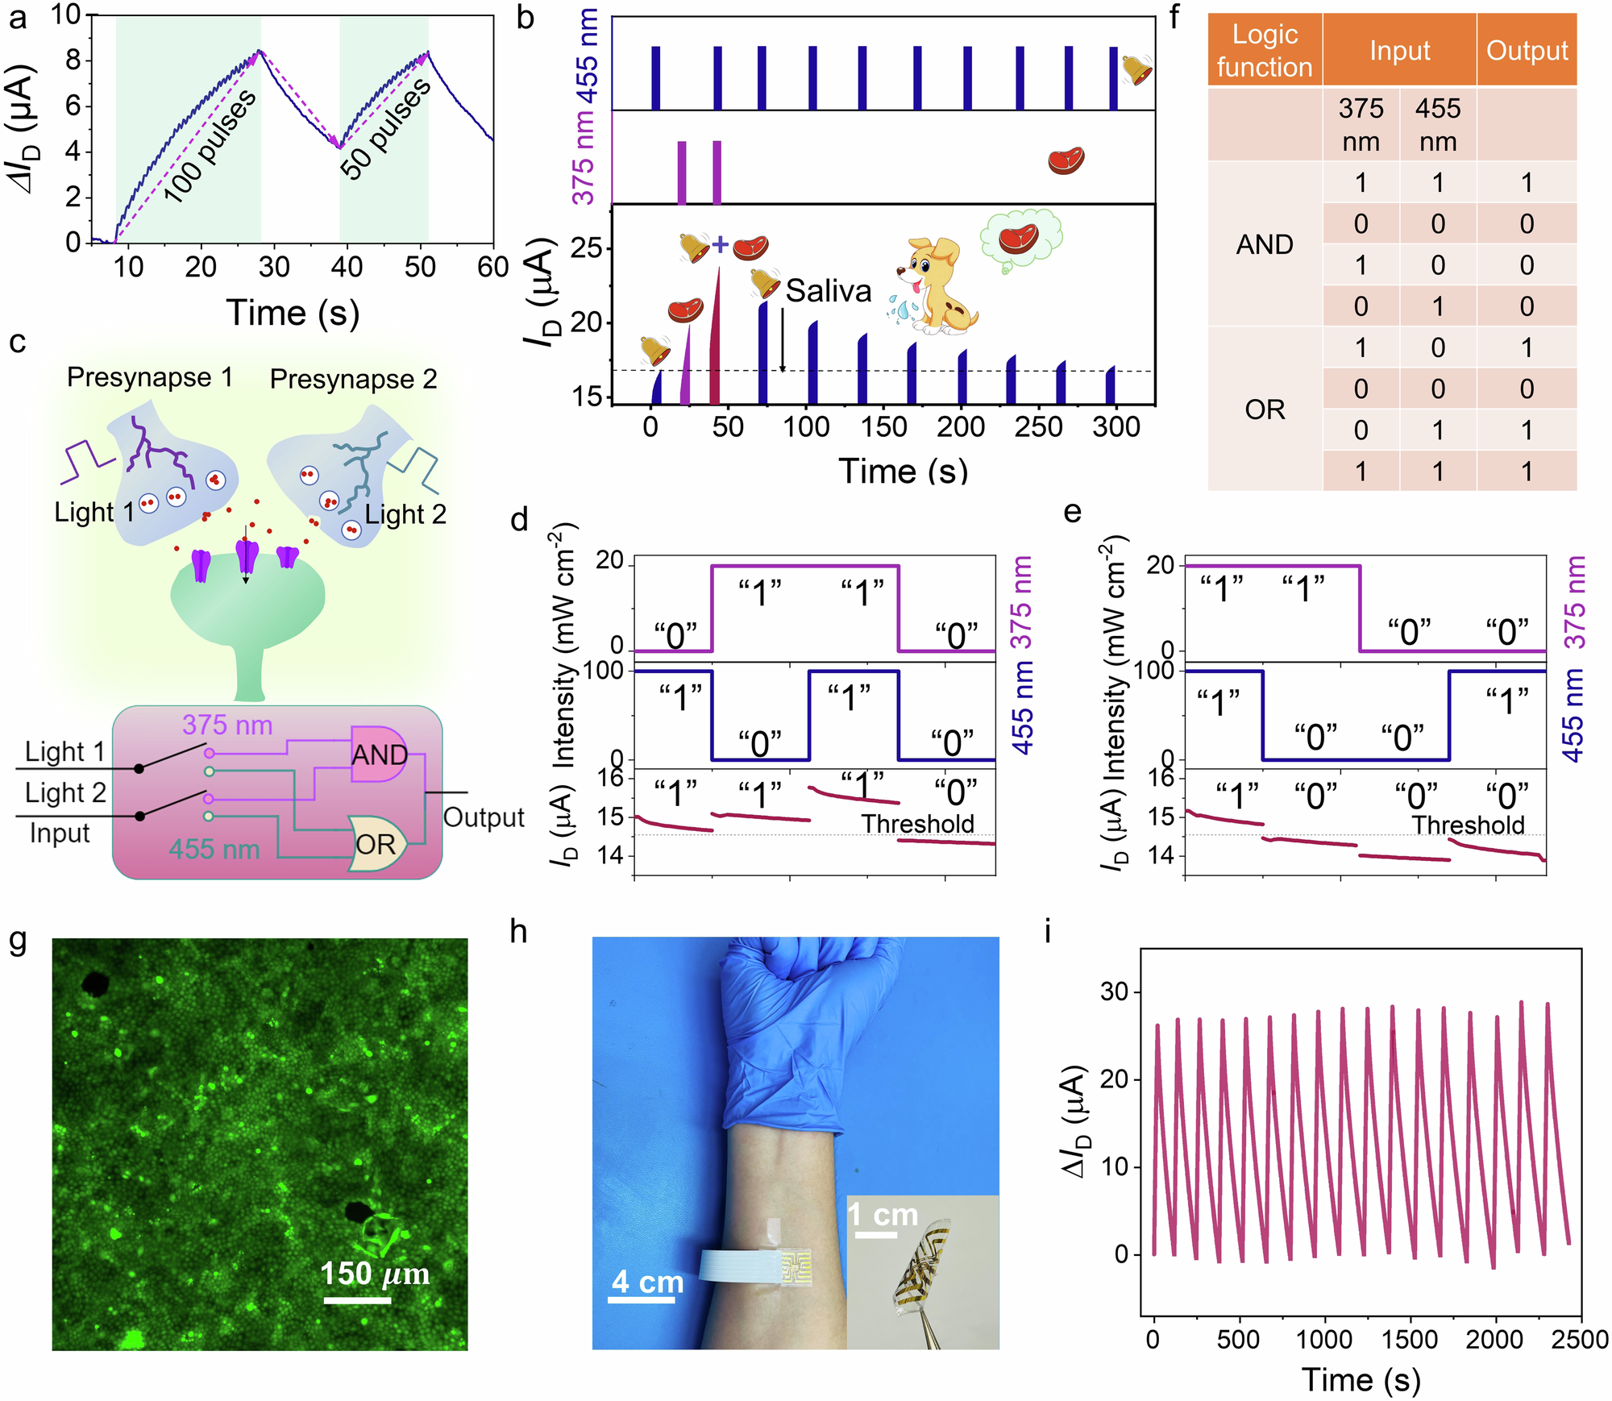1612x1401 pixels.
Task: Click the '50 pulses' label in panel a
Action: coord(386,129)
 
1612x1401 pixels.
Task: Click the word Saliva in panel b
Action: coord(828,291)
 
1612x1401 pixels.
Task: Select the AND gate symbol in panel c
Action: coord(378,754)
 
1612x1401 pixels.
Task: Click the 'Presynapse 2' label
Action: coord(353,379)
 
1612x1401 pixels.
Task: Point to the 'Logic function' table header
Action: coord(1264,50)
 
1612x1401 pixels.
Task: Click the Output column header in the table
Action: coord(1526,50)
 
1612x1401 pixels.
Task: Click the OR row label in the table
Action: coord(1264,409)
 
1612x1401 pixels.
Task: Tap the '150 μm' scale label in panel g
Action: coord(375,1274)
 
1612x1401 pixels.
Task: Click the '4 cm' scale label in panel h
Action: coord(647,1281)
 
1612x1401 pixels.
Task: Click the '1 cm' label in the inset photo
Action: coord(883,1214)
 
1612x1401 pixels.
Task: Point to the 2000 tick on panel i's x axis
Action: coord(1494,1339)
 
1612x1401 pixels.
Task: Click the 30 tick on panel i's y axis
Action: coord(1113,992)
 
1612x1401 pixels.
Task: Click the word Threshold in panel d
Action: coord(917,824)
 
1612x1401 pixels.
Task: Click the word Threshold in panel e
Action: coord(1468,825)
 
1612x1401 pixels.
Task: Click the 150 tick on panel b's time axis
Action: coord(883,426)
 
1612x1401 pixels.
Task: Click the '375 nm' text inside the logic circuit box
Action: coord(227,725)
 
